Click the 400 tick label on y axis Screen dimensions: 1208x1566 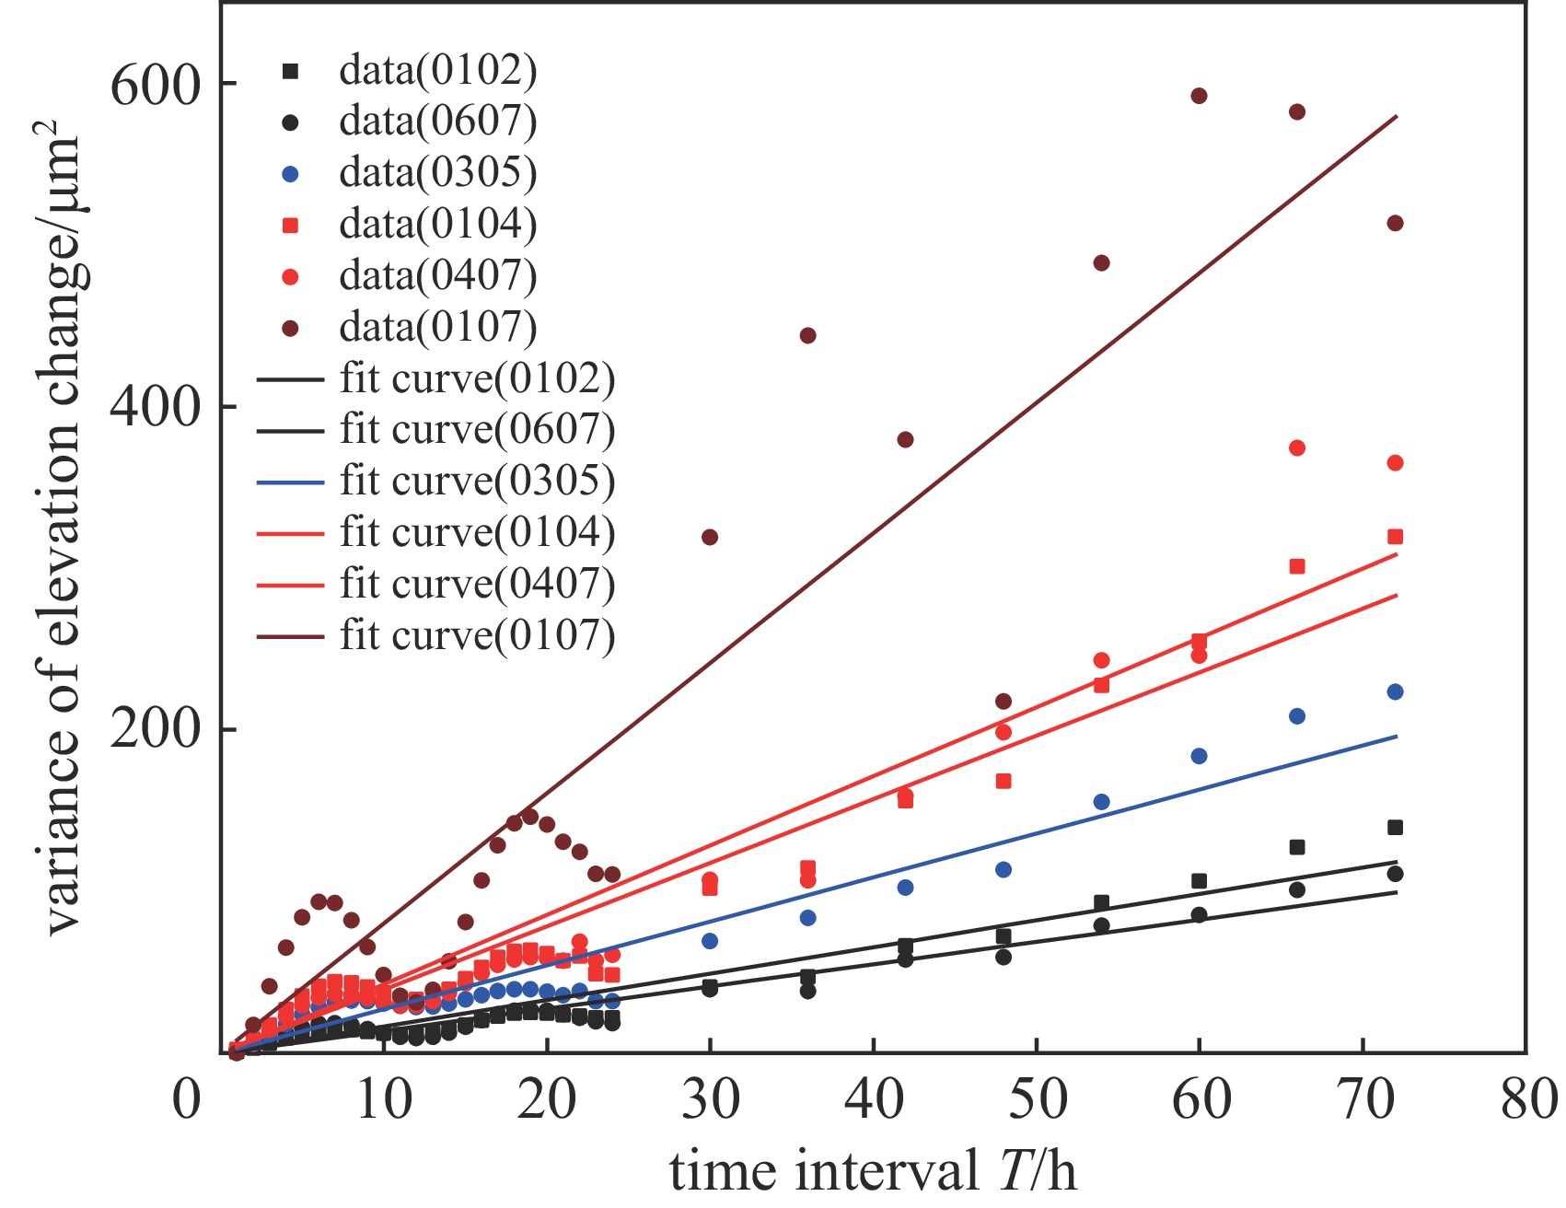point(155,407)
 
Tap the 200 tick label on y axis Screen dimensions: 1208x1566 point(155,730)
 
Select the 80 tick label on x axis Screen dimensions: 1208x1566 point(1528,1099)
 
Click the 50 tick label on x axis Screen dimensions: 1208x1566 point(1038,1099)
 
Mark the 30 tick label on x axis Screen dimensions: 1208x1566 point(710,1099)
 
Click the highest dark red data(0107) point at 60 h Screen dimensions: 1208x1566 point(1199,96)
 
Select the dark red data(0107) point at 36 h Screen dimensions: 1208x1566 point(807,336)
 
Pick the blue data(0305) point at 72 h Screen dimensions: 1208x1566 point(1395,692)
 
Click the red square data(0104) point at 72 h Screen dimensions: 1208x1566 point(1395,537)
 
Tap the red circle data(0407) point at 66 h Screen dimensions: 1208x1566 point(1297,448)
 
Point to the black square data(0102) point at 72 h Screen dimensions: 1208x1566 point(1395,828)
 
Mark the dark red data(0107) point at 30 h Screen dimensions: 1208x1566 point(710,538)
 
